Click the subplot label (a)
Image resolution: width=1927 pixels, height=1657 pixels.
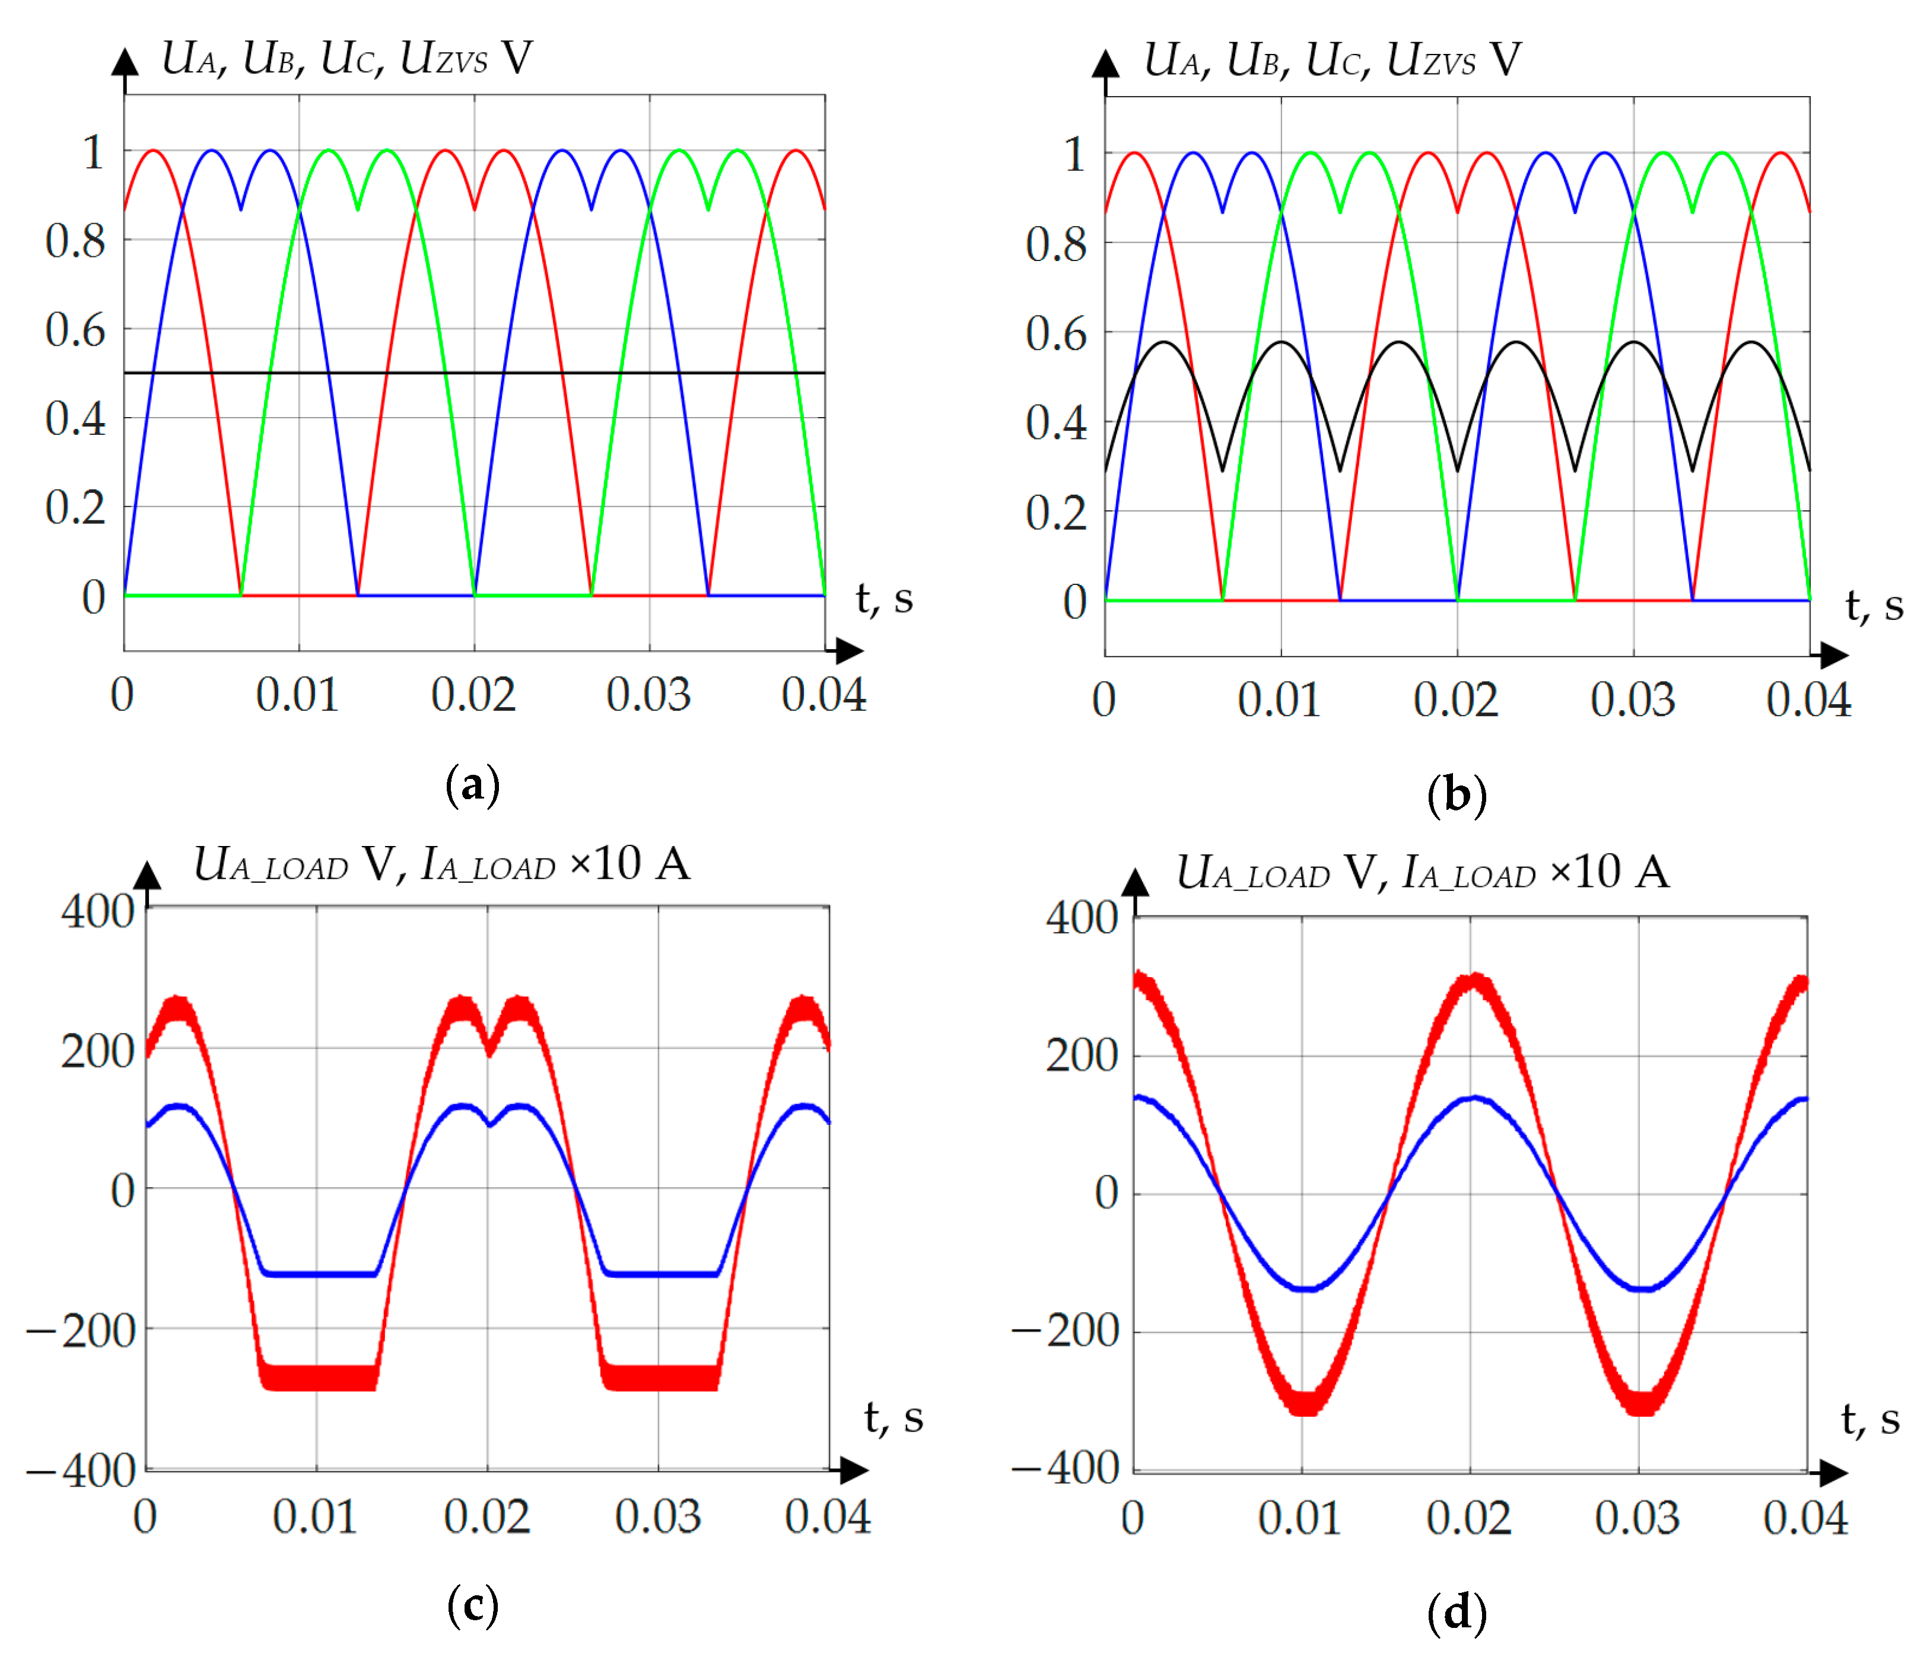pyautogui.click(x=472, y=785)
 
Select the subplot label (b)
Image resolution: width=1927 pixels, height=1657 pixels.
pyautogui.click(x=1457, y=795)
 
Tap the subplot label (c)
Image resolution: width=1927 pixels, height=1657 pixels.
pyautogui.click(x=472, y=1606)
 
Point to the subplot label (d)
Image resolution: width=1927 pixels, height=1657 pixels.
pyautogui.click(x=1457, y=1613)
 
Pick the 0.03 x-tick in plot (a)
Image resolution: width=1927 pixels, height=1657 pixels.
pyautogui.click(x=648, y=695)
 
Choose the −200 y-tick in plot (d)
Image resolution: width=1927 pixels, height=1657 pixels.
pyautogui.click(x=1066, y=1331)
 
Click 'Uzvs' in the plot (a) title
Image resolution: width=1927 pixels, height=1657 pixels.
pyautogui.click(x=444, y=59)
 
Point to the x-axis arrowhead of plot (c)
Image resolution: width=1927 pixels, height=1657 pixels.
pyautogui.click(x=853, y=1470)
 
